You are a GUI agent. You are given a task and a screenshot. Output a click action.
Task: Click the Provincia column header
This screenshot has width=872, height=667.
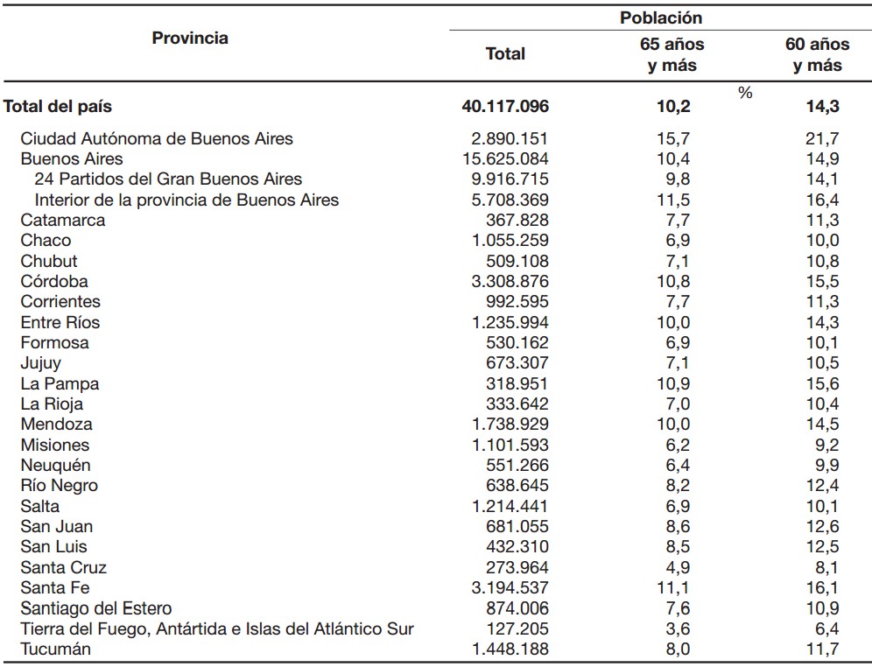190,38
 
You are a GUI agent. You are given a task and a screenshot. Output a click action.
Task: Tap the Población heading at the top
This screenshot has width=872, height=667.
661,18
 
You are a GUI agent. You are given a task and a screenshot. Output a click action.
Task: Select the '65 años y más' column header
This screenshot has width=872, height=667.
672,54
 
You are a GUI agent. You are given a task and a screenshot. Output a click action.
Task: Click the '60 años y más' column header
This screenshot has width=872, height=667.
818,54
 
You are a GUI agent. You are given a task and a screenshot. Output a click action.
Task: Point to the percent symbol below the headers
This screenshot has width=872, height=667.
745,93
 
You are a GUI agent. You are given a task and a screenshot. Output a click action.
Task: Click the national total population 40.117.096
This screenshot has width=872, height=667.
505,106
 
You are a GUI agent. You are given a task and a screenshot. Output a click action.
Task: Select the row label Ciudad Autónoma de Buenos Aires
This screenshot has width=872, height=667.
157,138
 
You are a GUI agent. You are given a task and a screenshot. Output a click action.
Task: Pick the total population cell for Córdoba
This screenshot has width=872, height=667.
510,281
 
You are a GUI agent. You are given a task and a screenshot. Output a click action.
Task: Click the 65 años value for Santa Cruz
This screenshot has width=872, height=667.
678,567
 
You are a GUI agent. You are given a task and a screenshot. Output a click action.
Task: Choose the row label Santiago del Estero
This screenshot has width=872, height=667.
96,608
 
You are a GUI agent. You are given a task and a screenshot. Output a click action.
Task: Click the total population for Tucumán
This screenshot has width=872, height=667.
510,649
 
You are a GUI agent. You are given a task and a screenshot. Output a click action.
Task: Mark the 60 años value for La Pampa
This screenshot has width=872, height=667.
823,383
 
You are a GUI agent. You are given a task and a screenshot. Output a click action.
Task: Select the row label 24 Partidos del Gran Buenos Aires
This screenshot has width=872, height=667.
168,179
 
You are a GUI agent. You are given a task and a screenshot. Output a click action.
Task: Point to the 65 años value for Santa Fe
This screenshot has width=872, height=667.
673,587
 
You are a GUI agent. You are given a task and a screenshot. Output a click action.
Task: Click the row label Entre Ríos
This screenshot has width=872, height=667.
60,322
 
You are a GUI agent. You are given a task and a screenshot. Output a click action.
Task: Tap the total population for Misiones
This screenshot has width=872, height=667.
510,445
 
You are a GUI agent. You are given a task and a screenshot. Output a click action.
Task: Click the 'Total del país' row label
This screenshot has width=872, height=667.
58,106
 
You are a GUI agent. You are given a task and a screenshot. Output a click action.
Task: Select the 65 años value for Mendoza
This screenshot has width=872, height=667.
673,425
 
